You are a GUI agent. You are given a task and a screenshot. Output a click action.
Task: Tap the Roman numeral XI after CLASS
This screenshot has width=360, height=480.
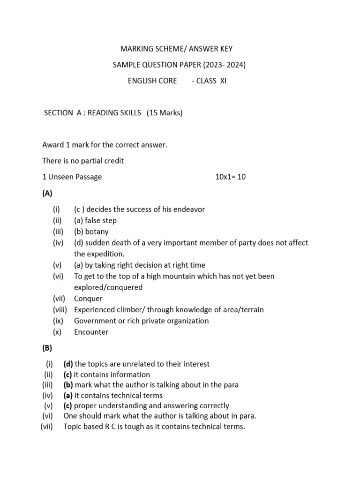pyautogui.click(x=223, y=81)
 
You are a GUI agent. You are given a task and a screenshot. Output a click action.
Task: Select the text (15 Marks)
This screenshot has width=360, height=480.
pyautogui.click(x=165, y=113)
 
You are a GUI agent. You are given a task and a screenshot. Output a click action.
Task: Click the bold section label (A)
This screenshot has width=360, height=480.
pyautogui.click(x=47, y=193)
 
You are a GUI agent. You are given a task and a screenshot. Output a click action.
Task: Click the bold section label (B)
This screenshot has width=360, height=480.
pyautogui.click(x=47, y=348)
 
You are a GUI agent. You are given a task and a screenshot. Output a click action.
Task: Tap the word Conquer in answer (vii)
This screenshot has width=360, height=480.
pyautogui.click(x=88, y=299)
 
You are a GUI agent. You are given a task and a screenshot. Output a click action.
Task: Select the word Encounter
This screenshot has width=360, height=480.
pyautogui.click(x=91, y=332)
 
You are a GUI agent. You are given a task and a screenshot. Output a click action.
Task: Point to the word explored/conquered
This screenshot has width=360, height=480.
pyautogui.click(x=108, y=287)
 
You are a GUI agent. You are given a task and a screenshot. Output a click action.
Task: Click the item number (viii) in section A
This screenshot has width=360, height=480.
pyautogui.click(x=60, y=309)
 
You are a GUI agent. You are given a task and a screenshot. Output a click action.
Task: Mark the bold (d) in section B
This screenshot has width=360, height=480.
pyautogui.click(x=68, y=364)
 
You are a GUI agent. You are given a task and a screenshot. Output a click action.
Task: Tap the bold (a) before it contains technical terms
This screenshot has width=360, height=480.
pyautogui.click(x=68, y=395)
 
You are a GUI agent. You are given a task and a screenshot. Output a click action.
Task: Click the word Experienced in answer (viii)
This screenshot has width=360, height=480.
pyautogui.click(x=95, y=309)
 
